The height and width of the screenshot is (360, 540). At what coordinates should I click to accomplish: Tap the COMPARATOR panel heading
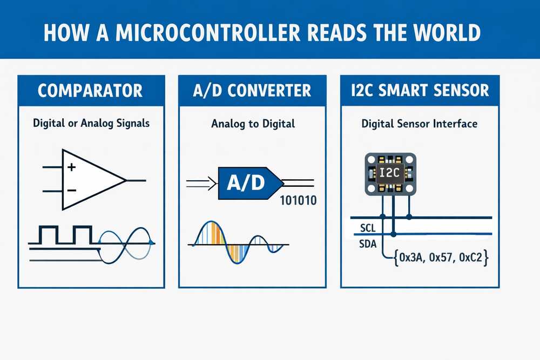91,90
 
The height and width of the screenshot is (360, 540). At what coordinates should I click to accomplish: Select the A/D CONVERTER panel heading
252,90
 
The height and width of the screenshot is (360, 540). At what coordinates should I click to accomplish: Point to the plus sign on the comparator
72,167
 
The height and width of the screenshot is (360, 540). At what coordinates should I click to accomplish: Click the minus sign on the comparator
72,191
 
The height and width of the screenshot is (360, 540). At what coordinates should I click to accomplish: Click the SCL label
367,229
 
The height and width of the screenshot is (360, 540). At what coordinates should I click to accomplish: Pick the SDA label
368,244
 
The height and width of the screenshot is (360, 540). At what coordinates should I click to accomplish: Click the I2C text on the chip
389,173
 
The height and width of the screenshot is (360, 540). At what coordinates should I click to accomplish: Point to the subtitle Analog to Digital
253,124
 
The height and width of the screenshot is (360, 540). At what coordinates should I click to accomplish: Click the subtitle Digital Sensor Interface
419,124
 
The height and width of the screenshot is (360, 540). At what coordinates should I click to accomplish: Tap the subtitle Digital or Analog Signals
91,124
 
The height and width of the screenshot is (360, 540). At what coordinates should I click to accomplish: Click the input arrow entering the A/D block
201,184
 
